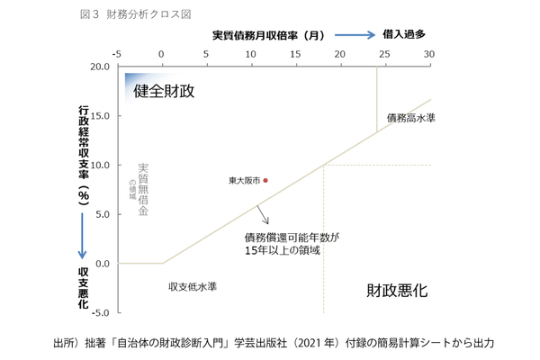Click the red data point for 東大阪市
[265, 180]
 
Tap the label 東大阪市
[244, 181]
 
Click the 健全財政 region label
[165, 91]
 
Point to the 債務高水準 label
[411, 118]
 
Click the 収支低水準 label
[193, 287]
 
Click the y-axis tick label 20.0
[99, 67]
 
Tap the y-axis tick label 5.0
[102, 214]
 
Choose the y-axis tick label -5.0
[100, 312]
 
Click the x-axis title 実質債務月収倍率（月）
[268, 35]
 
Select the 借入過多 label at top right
[405, 35]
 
